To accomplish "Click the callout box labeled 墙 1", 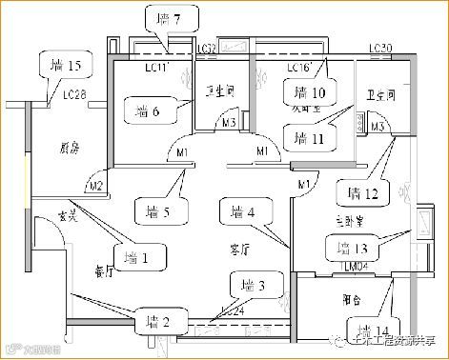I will tap(139, 255).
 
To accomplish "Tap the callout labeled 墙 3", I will tap(252, 284).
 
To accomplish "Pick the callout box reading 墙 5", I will tap(153, 210).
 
